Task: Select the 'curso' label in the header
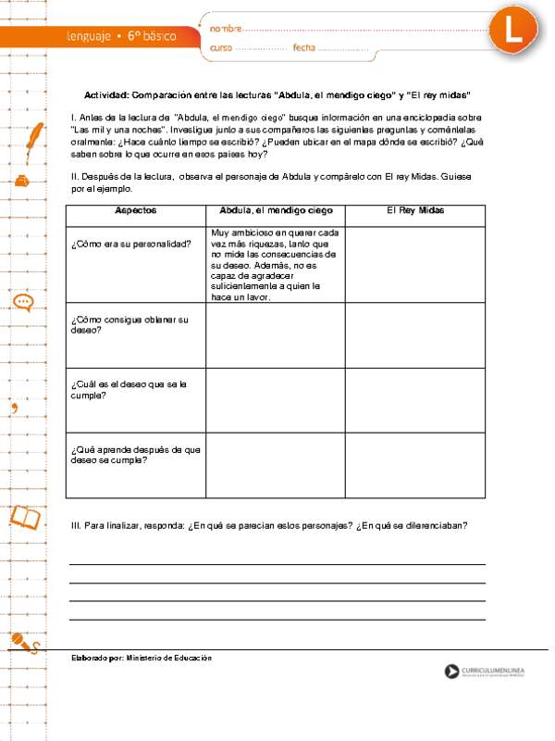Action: (221, 47)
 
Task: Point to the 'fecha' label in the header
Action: (304, 47)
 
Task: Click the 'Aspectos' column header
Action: (135, 211)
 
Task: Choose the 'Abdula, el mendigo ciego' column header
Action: (275, 211)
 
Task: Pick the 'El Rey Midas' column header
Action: (414, 211)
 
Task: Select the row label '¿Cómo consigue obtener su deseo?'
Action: (129, 324)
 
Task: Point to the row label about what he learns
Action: (135, 454)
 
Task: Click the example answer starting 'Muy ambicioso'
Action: (274, 265)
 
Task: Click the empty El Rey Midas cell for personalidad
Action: (414, 264)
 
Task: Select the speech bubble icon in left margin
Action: (24, 302)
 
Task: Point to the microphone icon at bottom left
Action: (23, 643)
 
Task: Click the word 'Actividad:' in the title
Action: (106, 95)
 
